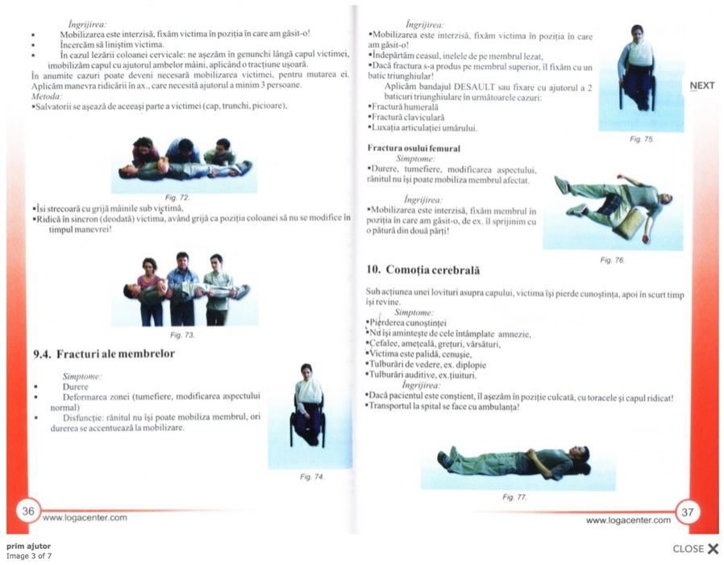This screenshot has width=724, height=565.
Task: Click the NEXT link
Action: [x=701, y=86]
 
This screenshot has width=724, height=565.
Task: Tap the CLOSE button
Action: [x=695, y=549]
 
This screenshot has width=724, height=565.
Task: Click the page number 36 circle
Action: [x=28, y=510]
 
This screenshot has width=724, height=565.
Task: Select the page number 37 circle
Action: [x=688, y=511]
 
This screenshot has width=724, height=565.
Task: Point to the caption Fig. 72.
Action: [x=177, y=198]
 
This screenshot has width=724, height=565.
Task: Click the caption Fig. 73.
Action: [x=183, y=334]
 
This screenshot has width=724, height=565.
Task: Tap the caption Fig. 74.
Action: [x=312, y=477]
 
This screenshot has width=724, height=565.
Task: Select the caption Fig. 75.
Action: [x=642, y=139]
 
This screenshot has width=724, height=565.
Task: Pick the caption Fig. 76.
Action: [x=613, y=260]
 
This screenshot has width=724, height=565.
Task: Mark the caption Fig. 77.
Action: [x=514, y=497]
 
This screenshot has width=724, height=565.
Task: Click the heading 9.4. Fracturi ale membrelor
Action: [x=104, y=354]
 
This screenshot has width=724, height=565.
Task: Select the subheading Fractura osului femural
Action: [x=414, y=149]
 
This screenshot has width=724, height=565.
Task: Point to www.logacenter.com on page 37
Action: [x=628, y=521]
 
